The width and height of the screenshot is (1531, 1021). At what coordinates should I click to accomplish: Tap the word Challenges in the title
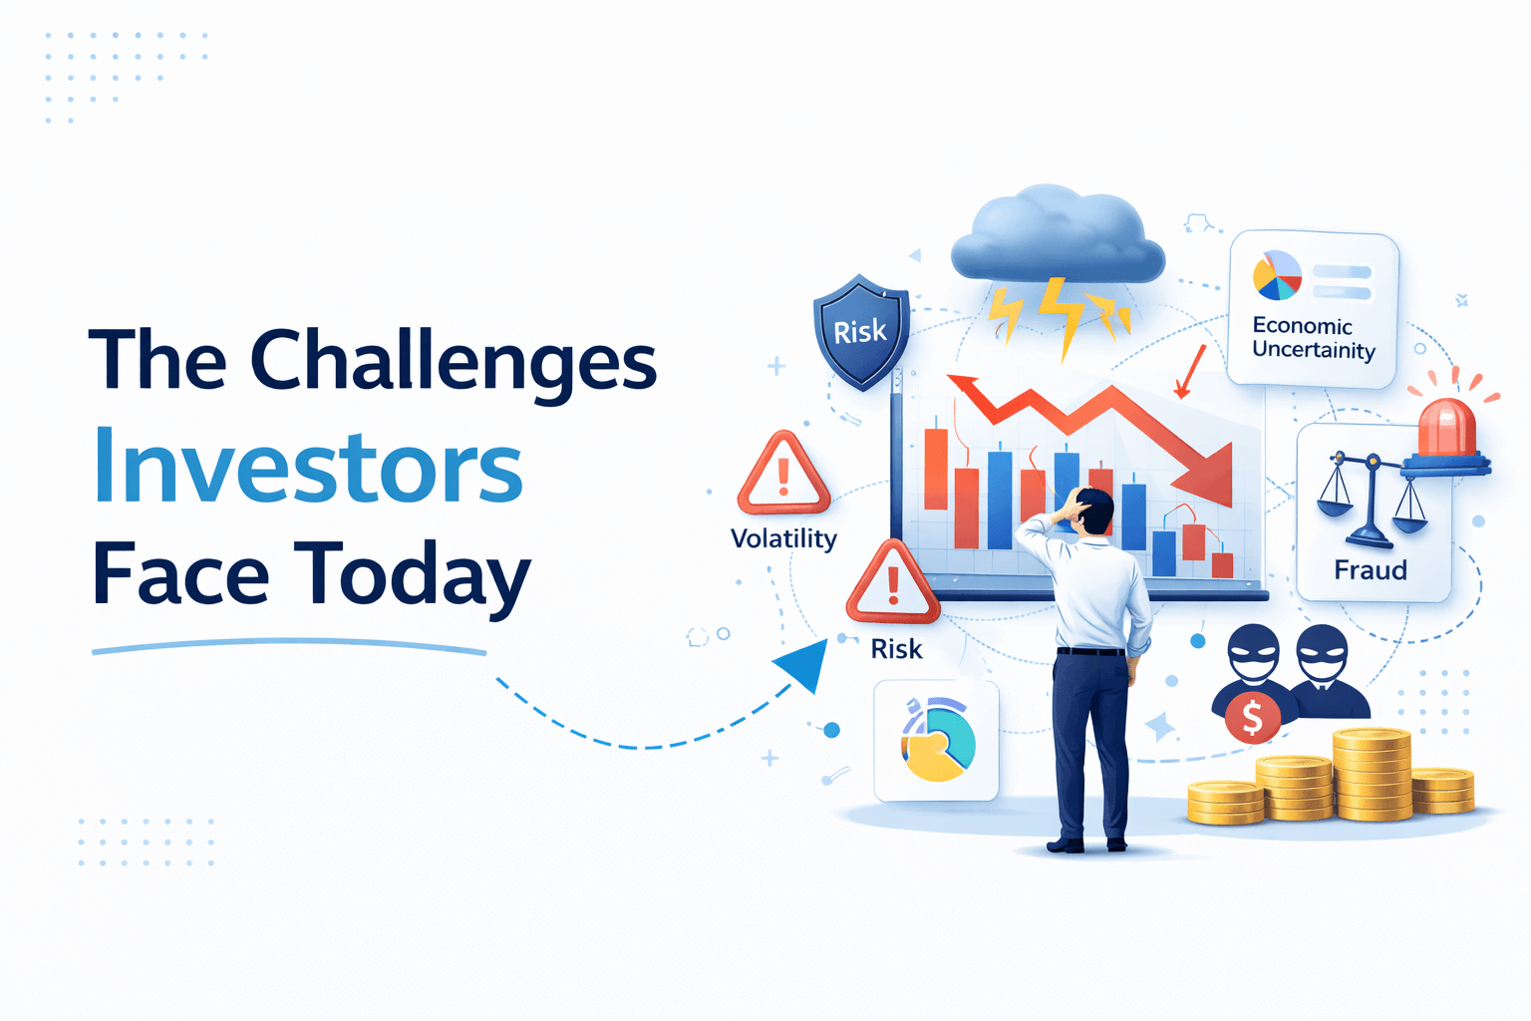[453, 361]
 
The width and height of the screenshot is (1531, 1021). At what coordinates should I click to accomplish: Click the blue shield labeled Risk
[860, 331]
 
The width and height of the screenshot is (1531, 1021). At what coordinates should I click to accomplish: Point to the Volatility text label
[783, 538]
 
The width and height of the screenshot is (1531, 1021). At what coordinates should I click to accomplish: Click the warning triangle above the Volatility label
[783, 474]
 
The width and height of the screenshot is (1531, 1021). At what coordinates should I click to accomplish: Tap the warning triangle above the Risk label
[892, 583]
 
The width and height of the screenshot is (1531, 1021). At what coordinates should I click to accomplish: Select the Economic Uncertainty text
[1313, 338]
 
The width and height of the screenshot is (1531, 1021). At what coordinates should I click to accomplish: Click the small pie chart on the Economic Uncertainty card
[1277, 275]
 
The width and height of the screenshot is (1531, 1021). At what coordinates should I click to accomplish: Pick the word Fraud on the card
[1371, 570]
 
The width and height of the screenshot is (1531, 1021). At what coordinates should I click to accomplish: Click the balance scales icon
[1372, 499]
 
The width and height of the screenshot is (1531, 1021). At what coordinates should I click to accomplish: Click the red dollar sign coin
[1252, 717]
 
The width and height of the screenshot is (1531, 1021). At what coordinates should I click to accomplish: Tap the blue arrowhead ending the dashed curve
[805, 665]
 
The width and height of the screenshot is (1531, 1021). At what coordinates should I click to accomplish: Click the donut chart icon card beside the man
[936, 741]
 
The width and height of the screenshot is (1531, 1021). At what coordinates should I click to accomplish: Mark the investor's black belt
[1090, 651]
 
